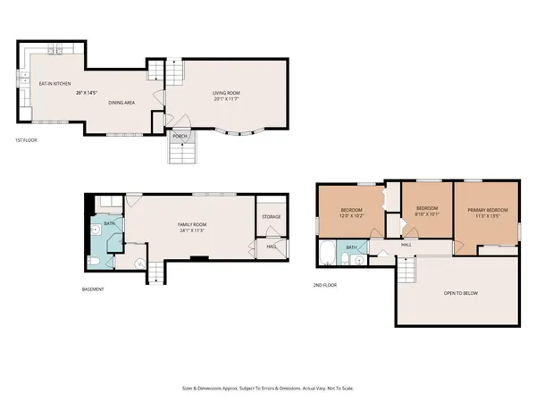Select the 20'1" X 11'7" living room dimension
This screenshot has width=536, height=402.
[230, 100]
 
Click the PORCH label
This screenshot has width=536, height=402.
[180, 136]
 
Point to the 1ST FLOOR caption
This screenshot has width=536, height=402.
[25, 141]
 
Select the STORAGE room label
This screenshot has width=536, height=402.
[272, 217]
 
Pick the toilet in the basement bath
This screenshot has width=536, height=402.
[95, 260]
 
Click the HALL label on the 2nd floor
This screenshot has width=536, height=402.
[406, 244]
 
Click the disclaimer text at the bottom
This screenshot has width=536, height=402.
[267, 389]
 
